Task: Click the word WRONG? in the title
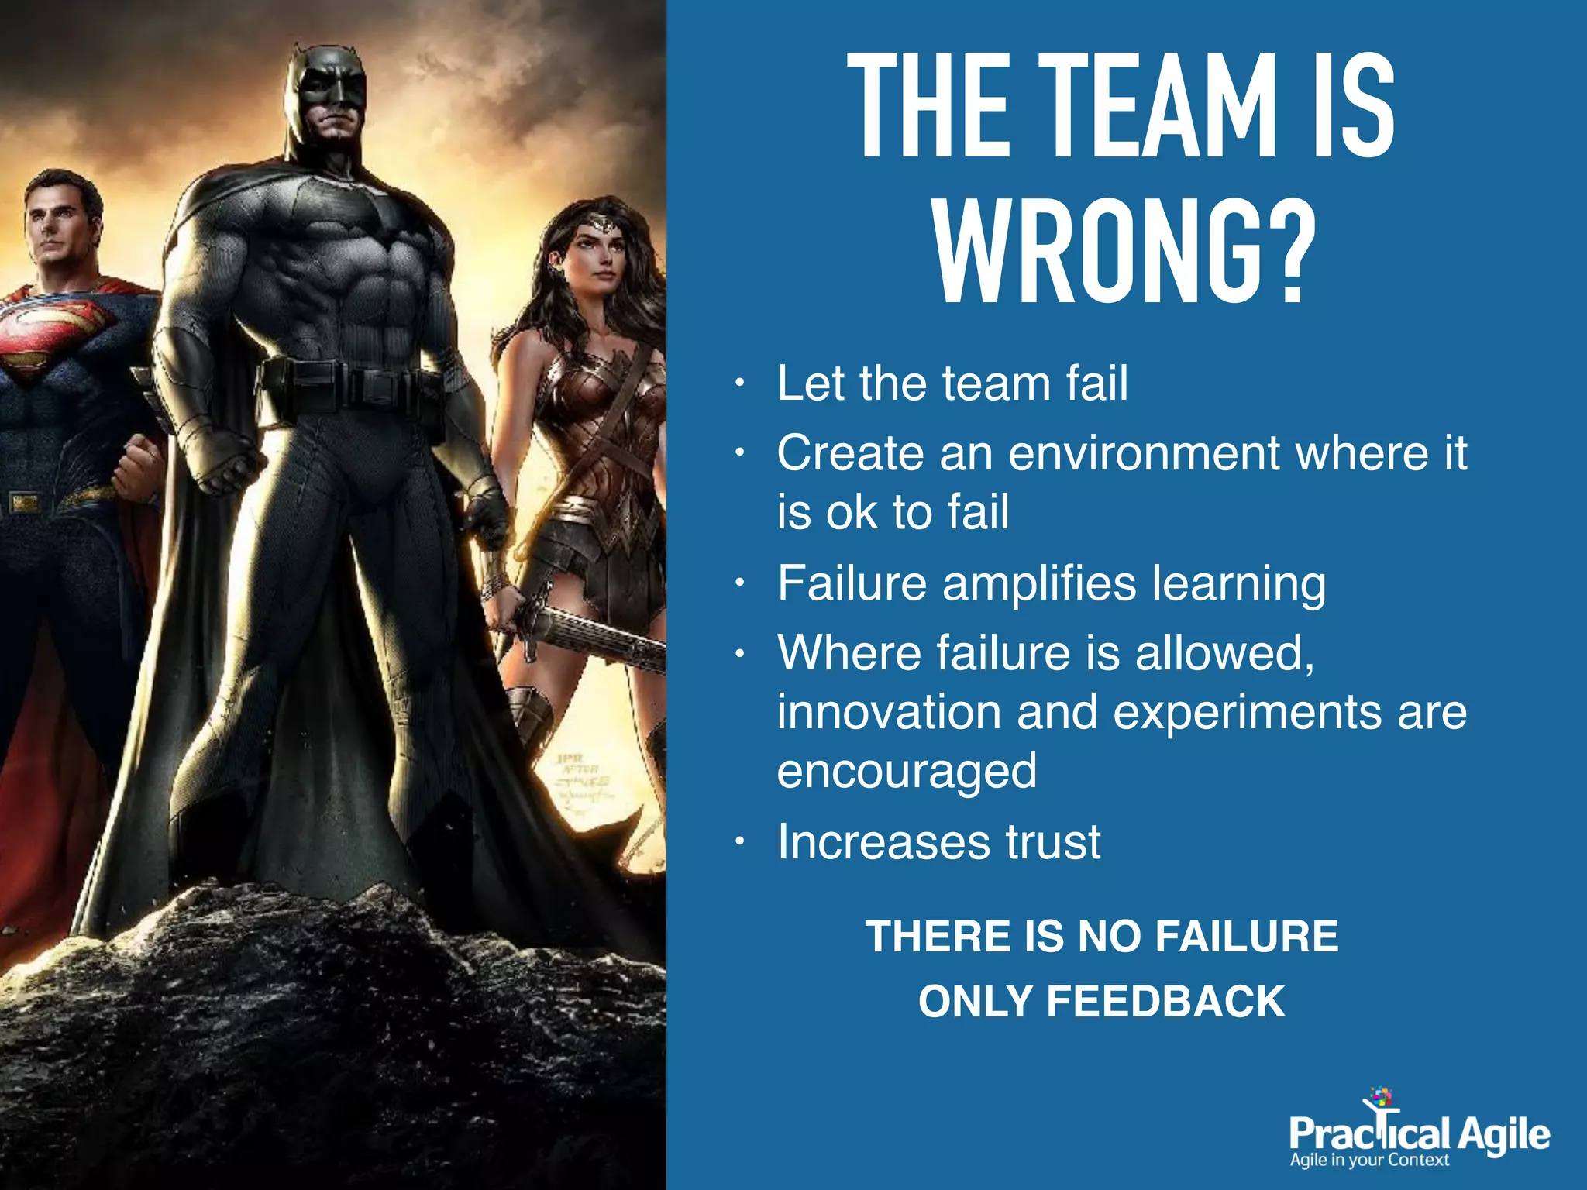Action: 1124,253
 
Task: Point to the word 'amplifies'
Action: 1038,583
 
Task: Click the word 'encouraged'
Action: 907,771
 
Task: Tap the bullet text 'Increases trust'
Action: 938,841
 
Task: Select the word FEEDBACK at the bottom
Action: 1165,1001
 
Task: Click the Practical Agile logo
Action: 1418,1131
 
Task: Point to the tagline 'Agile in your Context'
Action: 1368,1161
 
